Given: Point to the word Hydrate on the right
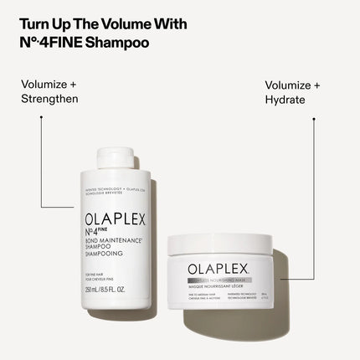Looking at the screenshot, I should pos(285,99).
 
